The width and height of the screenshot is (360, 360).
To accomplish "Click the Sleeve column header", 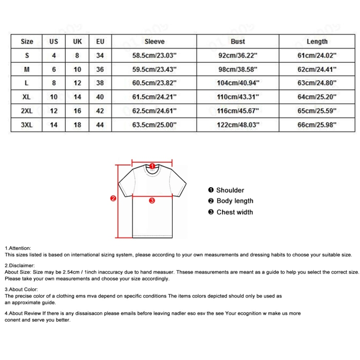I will [154, 42].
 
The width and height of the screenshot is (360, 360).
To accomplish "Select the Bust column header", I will [238, 42].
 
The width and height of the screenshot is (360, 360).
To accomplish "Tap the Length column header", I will [317, 42].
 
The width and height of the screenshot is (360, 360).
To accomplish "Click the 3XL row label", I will [27, 125].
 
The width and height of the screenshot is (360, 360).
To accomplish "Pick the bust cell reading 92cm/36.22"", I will [238, 56].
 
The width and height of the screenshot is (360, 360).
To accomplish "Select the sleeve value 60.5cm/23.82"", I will [154, 83].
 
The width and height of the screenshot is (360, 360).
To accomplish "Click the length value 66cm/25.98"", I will [317, 125].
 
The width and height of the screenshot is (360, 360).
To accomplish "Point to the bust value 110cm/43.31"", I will [238, 97].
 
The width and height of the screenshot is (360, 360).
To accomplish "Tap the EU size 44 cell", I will [100, 125].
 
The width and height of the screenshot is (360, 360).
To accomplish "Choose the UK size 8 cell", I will [77, 56].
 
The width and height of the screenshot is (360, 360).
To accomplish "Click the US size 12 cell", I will [54, 111].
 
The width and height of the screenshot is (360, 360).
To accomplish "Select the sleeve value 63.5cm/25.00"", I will [154, 125].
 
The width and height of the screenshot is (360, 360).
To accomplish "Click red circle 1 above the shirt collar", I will [152, 166].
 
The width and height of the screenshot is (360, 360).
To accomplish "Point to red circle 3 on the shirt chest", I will [152, 201].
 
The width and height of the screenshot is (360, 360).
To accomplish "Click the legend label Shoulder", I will [230, 190].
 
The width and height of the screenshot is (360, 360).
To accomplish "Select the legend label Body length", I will [235, 201].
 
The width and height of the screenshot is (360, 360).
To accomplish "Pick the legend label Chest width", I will [234, 212].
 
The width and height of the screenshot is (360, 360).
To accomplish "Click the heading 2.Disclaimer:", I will [20, 265].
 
